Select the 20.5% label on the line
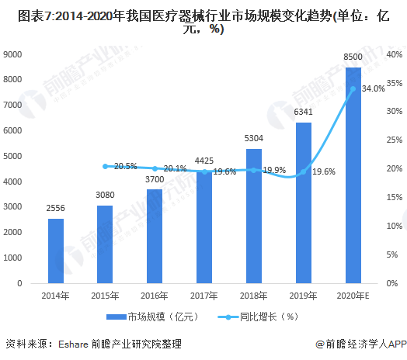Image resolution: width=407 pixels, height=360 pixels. pos(125,166)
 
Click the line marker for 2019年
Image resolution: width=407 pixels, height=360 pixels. pos(304,171)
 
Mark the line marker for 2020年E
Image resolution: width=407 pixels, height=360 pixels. pos(353,88)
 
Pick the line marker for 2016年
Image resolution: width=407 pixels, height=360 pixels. pos(155,168)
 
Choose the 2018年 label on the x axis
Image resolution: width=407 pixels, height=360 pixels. pos(254,296)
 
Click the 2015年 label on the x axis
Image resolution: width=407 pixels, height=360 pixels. pos(106,296)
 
